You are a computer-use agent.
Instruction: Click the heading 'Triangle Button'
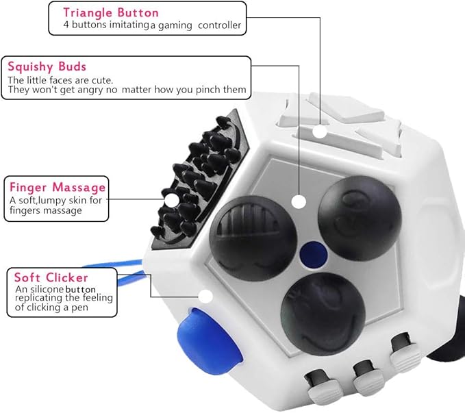click(x=110, y=12)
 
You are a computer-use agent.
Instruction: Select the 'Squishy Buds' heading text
click(x=47, y=66)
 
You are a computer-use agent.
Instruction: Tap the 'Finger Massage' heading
click(x=57, y=187)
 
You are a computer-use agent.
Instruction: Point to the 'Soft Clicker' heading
click(x=51, y=277)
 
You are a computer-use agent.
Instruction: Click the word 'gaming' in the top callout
click(x=178, y=25)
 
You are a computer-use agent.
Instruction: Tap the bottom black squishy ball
click(x=318, y=308)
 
